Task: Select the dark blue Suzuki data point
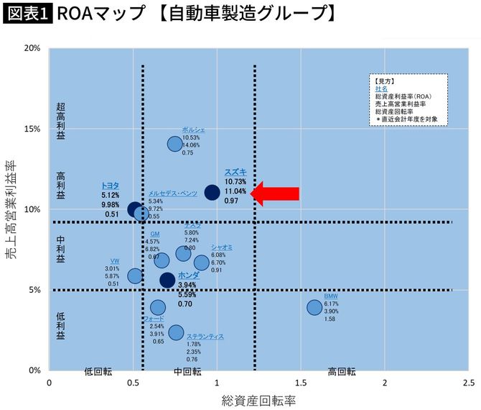click(212, 192)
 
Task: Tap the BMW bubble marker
click(314, 307)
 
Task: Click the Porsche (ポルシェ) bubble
click(174, 144)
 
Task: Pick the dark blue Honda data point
click(167, 281)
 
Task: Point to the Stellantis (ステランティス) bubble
click(176, 332)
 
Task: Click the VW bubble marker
click(135, 275)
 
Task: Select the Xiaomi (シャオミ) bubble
click(202, 263)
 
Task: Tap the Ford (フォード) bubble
click(158, 308)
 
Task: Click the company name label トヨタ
click(110, 186)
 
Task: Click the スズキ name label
click(235, 172)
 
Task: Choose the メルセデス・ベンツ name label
click(172, 193)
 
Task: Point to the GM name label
click(155, 234)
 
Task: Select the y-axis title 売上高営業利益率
click(12, 209)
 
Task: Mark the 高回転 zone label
click(342, 371)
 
